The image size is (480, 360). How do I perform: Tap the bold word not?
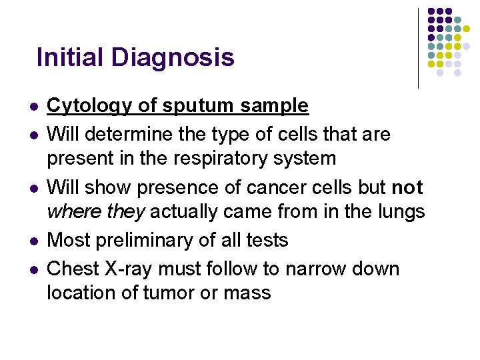coord(407,187)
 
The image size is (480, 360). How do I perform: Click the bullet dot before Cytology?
coord(33,107)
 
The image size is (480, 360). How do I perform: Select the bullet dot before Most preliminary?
coord(33,241)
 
